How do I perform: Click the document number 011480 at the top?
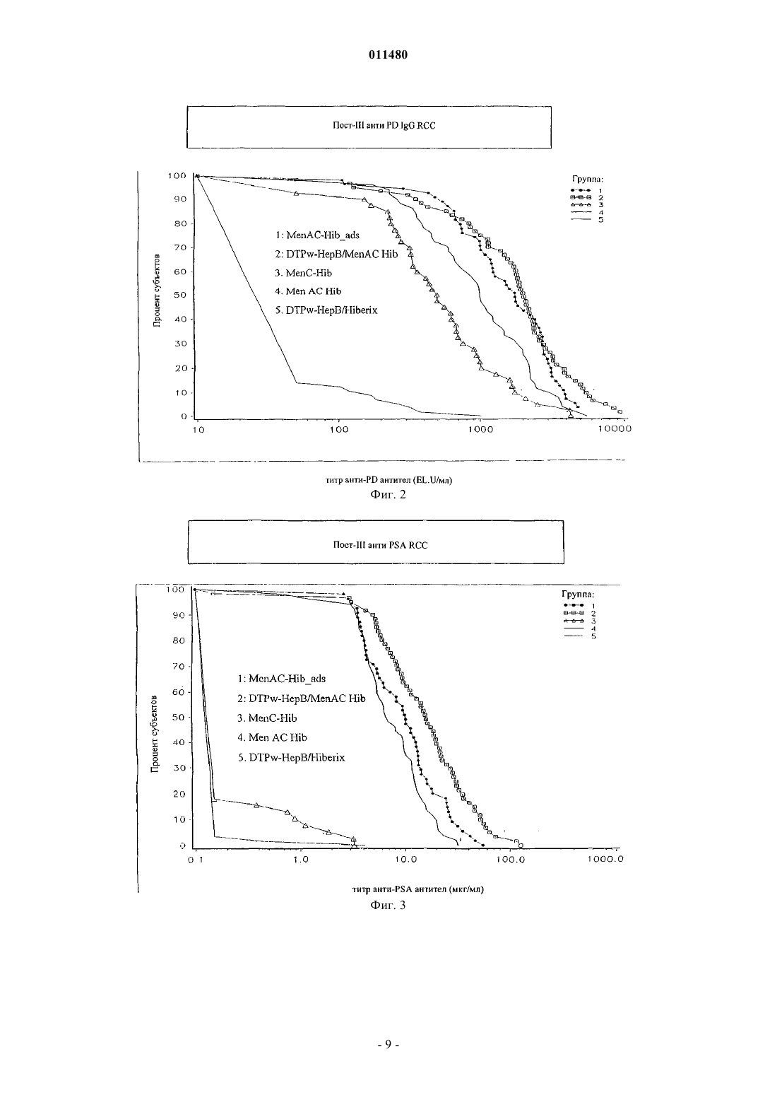pyautogui.click(x=388, y=54)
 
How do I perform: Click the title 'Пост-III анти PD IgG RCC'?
pyautogui.click(x=384, y=126)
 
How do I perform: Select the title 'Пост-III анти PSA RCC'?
pyautogui.click(x=380, y=545)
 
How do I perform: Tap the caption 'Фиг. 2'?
pyautogui.click(x=388, y=495)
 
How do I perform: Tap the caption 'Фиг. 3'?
pyautogui.click(x=388, y=905)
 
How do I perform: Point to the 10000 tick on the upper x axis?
pyautogui.click(x=615, y=429)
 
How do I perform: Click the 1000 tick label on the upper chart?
pyautogui.click(x=480, y=429)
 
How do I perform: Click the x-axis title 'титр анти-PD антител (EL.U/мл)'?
pyautogui.click(x=389, y=480)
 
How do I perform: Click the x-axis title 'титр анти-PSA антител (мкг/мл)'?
pyautogui.click(x=418, y=889)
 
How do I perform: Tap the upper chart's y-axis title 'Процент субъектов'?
pyautogui.click(x=157, y=291)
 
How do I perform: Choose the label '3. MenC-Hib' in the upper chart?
pyautogui.click(x=303, y=273)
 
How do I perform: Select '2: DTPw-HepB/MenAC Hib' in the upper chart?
pyautogui.click(x=336, y=254)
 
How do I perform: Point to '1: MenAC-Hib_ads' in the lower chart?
pyautogui.click(x=282, y=679)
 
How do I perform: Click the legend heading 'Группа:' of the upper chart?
pyautogui.click(x=587, y=180)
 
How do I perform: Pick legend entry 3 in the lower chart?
pyautogui.click(x=579, y=621)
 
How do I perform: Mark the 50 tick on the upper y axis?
pyautogui.click(x=181, y=295)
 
